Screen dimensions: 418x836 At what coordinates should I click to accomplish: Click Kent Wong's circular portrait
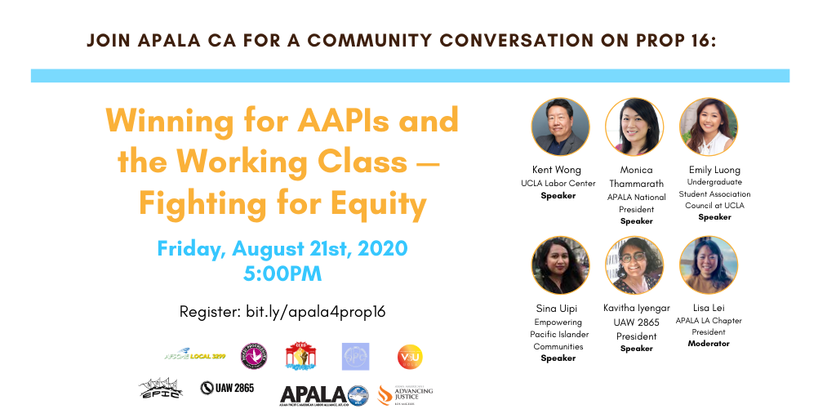pos(560,127)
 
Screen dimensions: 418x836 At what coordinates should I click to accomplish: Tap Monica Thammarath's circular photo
pos(634,127)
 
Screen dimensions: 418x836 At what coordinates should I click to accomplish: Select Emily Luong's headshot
pos(708,127)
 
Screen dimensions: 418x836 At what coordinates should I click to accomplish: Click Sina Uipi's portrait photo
pos(560,266)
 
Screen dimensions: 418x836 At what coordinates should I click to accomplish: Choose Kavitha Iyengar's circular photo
pos(634,266)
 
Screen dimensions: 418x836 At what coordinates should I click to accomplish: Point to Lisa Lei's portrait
pos(708,266)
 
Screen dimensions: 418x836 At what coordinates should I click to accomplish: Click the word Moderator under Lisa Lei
pos(709,344)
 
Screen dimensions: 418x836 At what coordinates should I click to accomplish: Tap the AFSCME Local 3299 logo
pos(194,356)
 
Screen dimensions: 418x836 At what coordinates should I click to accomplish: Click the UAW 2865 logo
pos(227,387)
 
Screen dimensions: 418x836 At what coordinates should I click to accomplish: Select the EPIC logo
pos(160,388)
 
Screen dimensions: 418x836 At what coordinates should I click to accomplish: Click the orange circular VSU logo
pos(410,357)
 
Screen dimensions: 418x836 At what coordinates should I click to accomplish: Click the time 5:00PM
pos(282,273)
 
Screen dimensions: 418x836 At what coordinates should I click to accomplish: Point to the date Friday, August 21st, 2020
pos(282,247)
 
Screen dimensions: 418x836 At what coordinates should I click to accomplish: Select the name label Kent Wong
pos(557,170)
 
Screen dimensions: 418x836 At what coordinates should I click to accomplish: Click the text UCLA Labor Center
pos(558,183)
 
